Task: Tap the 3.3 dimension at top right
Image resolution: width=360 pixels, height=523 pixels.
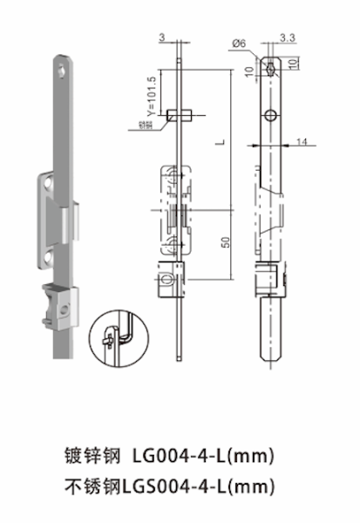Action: point(287,37)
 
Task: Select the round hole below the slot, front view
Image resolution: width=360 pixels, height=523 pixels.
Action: point(271,115)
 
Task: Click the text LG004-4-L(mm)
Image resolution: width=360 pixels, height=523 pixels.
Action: point(205,455)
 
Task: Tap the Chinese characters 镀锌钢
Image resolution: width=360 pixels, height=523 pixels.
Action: point(92,455)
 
